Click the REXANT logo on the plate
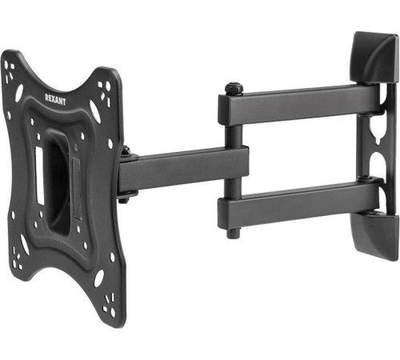(55, 99)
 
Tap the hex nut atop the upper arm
(234, 88)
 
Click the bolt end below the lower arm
(233, 233)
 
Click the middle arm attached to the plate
(184, 170)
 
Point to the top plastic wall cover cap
(375, 58)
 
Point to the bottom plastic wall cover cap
(375, 234)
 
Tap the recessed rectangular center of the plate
(59, 182)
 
